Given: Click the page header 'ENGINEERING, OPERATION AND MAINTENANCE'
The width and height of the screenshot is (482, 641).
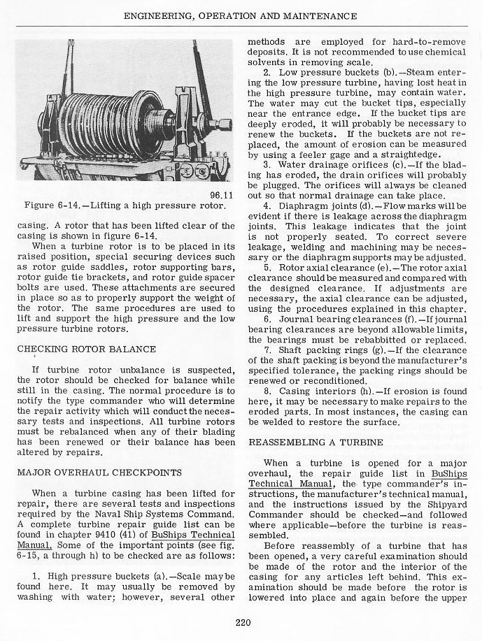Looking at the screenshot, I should pyautogui.click(x=241, y=15).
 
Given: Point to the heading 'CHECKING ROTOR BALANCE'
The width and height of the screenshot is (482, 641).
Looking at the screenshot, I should pyautogui.click(x=87, y=349).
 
